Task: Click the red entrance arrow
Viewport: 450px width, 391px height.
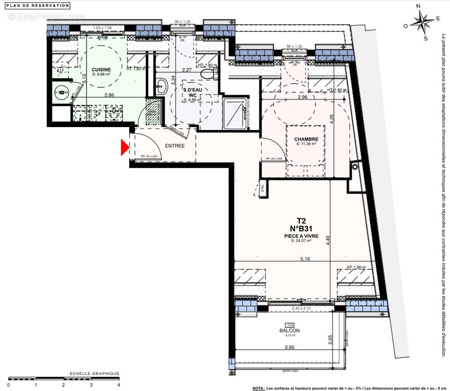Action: (125, 147)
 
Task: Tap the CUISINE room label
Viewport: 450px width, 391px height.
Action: (101, 70)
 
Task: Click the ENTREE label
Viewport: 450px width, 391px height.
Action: (175, 146)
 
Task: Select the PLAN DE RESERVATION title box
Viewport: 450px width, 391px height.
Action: (38, 5)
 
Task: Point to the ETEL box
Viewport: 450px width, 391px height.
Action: (262, 189)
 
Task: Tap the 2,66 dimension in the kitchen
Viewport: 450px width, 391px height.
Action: (115, 95)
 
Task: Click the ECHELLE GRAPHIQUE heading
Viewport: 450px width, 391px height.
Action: (94, 373)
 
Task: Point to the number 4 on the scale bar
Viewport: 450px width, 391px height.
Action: (118, 385)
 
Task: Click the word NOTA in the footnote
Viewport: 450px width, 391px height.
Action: (259, 388)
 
